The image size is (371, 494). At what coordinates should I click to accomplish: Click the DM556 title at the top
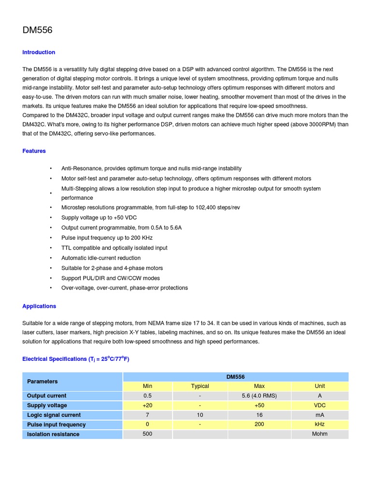coord(37,30)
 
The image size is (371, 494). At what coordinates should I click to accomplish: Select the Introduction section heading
coord(39,52)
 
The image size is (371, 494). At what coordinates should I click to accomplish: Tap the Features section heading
coord(34,151)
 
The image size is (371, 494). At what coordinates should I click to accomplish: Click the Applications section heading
coord(39,306)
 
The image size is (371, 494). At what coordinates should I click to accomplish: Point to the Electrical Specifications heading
coord(76,359)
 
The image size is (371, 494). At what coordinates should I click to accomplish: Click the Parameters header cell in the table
coord(43,381)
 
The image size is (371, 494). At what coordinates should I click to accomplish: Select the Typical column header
coord(200,386)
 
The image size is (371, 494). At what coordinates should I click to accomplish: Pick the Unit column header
coord(320,386)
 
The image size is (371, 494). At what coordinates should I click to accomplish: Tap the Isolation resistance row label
coord(53,434)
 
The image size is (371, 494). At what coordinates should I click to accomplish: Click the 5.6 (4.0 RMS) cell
coord(259,396)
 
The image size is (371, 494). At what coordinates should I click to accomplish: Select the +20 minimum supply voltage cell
coord(147,405)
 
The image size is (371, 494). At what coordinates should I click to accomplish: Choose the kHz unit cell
coord(320,425)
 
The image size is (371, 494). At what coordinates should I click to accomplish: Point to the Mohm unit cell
coord(320,434)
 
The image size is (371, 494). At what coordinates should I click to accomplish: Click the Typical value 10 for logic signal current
coord(200,415)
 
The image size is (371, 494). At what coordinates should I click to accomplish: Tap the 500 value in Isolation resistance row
coord(147,434)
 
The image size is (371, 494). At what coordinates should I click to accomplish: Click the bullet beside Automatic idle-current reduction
coord(50,258)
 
